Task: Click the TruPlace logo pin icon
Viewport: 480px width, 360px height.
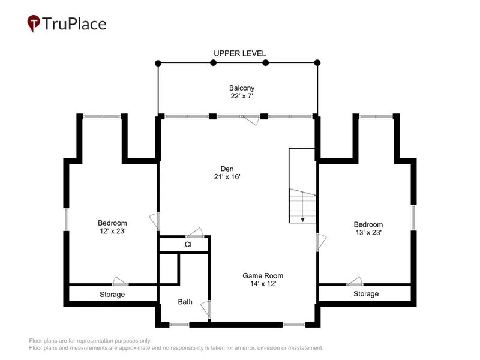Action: (34, 23)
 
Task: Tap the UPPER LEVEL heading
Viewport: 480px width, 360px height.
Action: (239, 53)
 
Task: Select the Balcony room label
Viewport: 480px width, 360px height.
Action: (242, 88)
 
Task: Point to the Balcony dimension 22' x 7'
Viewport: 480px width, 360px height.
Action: (242, 96)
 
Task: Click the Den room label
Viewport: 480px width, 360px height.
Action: (227, 169)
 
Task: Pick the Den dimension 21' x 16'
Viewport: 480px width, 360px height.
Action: (227, 176)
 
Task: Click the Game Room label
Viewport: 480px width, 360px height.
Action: (263, 275)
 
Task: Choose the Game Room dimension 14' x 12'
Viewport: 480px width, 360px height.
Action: (263, 283)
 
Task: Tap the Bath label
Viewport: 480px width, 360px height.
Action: (185, 302)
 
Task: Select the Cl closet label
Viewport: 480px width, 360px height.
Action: (188, 244)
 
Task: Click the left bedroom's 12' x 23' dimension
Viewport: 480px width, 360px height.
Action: (113, 231)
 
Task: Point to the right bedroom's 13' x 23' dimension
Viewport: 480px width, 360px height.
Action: (368, 232)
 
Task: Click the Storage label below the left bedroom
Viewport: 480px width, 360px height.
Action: (112, 295)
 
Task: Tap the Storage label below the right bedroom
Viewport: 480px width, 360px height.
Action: (366, 294)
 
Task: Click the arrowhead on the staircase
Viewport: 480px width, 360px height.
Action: (302, 220)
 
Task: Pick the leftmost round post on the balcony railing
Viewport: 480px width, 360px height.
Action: (158, 64)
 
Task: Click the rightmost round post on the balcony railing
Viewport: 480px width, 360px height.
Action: (317, 63)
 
